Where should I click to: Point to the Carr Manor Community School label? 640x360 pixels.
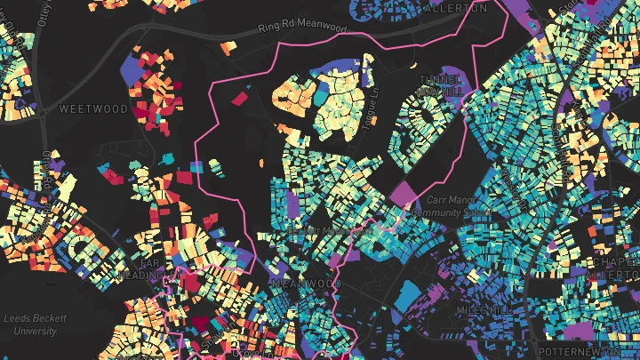click(x=458, y=206)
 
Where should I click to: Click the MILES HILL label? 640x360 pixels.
click(x=484, y=308)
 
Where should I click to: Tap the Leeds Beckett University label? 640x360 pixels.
click(x=32, y=324)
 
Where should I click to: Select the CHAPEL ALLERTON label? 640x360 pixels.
click(x=615, y=268)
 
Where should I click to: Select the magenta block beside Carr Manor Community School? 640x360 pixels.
click(x=404, y=193)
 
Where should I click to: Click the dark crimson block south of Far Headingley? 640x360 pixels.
click(x=201, y=324)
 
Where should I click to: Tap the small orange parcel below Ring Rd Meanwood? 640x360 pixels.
click(x=228, y=46)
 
